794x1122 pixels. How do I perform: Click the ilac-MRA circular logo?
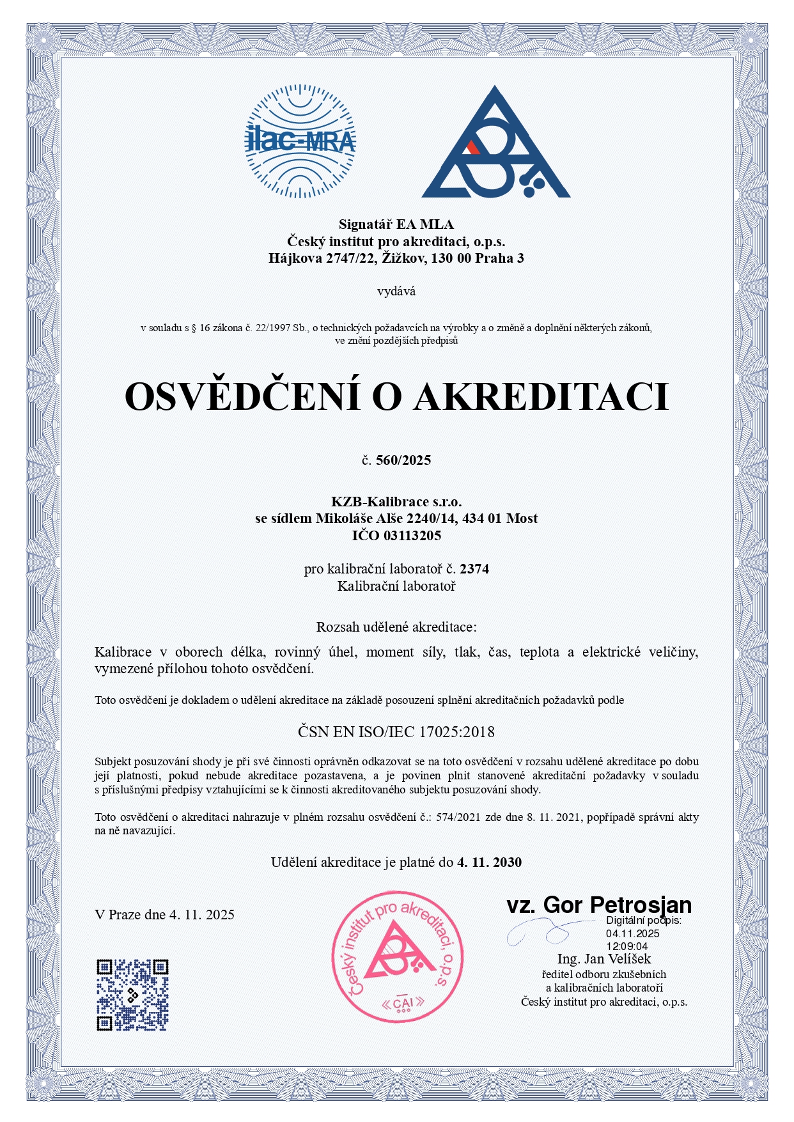coord(300,141)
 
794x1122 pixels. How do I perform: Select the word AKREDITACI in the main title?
coord(541,396)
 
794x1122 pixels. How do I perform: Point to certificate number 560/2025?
coord(403,460)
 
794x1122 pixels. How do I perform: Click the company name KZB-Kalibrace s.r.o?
coord(396,502)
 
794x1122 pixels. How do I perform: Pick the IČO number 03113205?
coord(412,536)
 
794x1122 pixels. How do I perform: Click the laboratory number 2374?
coord(474,569)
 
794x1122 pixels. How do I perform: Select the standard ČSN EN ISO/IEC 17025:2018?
coord(396,731)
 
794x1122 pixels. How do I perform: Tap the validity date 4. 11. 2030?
coord(490,862)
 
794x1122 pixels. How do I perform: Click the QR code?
coord(132,995)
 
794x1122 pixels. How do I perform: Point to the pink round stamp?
coord(397,956)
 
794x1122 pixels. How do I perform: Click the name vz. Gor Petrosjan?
coord(599,905)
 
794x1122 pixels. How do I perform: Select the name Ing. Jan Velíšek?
coord(604,959)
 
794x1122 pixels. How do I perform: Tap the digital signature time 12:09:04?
coord(627,946)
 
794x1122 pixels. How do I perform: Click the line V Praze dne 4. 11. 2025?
coord(164,915)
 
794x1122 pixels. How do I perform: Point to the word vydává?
coord(396,292)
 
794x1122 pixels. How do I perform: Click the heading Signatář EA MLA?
coord(396,224)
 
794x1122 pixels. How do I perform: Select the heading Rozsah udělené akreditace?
coord(396,627)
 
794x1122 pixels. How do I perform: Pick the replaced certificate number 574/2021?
coord(459,817)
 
